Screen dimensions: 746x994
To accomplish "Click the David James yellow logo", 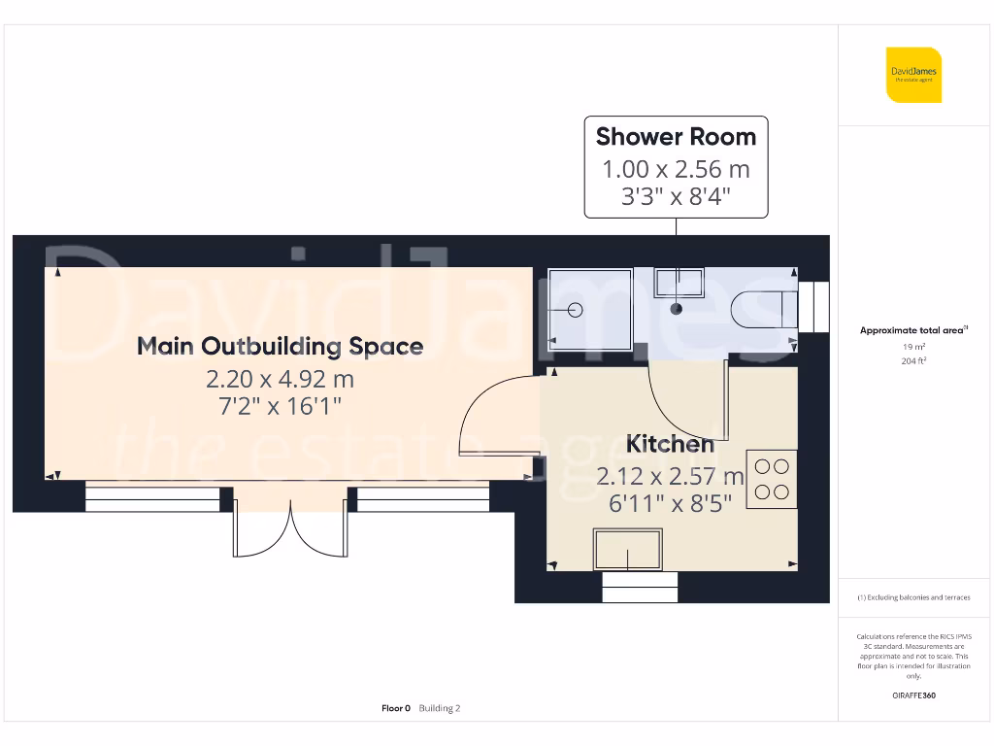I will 913,75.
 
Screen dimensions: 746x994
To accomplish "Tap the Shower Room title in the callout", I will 676,137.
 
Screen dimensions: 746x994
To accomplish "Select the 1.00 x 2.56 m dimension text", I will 676,169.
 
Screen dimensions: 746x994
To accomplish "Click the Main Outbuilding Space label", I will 280,346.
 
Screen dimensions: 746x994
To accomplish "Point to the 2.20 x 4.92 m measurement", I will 280,377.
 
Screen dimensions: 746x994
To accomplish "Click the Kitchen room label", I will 670,444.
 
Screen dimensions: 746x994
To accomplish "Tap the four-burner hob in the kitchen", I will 772,479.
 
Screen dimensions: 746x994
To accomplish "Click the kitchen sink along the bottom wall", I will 628,550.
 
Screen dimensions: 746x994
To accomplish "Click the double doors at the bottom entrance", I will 290,525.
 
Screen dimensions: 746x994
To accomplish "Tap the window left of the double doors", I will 153,499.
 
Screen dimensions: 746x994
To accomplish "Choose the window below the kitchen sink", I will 640,587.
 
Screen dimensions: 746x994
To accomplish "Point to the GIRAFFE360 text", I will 912,695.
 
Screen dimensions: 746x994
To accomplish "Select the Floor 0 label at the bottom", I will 396,708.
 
